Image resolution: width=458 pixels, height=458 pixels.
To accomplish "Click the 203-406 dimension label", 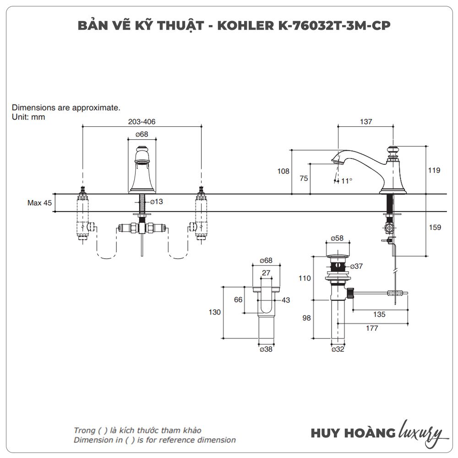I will click(142, 122).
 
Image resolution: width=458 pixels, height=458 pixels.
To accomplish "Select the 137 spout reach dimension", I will click(366, 122).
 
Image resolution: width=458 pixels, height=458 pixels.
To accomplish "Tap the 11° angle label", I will click(346, 181).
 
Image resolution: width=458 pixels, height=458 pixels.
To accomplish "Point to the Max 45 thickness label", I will click(39, 203).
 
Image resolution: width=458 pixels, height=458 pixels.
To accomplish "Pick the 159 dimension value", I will click(435, 227).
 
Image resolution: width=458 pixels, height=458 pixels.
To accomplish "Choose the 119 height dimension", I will click(435, 170).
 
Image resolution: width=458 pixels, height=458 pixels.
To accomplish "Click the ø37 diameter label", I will click(356, 267).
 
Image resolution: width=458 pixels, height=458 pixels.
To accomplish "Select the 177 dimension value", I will click(372, 328).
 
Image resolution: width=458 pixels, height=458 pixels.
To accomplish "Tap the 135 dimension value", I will click(379, 315).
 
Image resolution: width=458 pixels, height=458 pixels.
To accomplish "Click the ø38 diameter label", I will click(266, 349).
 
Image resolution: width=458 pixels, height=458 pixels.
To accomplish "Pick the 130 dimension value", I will click(215, 312).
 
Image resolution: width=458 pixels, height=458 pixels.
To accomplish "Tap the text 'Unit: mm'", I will click(28, 117).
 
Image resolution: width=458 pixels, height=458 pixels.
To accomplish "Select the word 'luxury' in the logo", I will click(420, 433).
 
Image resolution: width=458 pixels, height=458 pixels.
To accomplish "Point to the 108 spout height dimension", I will click(284, 171).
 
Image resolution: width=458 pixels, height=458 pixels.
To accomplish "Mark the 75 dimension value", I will click(304, 179).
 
